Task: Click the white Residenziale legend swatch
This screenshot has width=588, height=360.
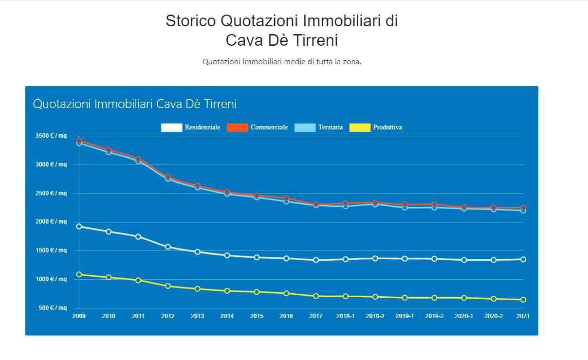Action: pyautogui.click(x=171, y=127)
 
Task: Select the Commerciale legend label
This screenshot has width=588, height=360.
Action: pyautogui.click(x=269, y=127)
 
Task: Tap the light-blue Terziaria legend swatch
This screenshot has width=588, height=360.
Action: pyautogui.click(x=305, y=127)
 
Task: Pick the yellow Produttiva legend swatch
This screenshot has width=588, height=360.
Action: pyautogui.click(x=360, y=127)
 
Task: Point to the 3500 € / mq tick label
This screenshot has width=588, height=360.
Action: pyautogui.click(x=51, y=136)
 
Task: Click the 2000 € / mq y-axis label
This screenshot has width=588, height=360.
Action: pyautogui.click(x=51, y=222)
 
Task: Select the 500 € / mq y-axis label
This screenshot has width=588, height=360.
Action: pyautogui.click(x=53, y=308)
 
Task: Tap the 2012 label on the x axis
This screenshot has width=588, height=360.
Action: pyautogui.click(x=168, y=316)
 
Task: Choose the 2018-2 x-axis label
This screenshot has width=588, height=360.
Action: pyautogui.click(x=375, y=316)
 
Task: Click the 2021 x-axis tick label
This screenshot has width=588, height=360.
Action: pyautogui.click(x=523, y=316)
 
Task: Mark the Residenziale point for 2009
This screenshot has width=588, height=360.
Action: pyautogui.click(x=79, y=226)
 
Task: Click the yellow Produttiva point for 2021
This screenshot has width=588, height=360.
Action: pyautogui.click(x=523, y=300)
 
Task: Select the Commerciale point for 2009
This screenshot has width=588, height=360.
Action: pyautogui.click(x=79, y=141)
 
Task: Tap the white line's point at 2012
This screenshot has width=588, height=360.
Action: pyautogui.click(x=168, y=247)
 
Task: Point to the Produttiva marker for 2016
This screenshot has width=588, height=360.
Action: pyautogui.click(x=286, y=293)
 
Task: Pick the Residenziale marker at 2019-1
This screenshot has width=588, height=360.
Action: pyautogui.click(x=404, y=259)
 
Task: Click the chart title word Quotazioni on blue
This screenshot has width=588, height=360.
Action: pyautogui.click(x=62, y=104)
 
